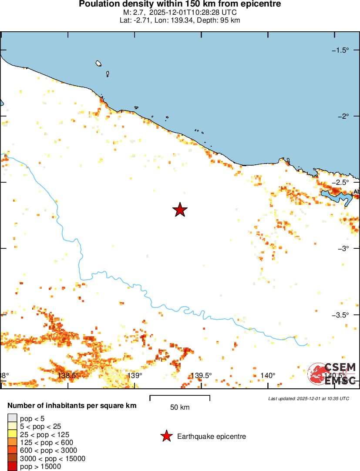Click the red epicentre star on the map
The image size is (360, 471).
click(180, 210)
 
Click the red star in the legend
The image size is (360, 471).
click(166, 436)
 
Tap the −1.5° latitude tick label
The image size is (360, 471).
click(340, 50)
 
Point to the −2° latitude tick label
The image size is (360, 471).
click(343, 116)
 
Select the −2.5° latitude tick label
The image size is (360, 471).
click(340, 182)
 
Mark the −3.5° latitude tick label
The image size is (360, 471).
click(340, 314)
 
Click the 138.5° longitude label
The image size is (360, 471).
click(68, 375)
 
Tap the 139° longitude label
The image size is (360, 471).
click(135, 375)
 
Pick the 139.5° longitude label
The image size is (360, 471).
click(201, 375)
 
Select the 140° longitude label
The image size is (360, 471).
click(267, 375)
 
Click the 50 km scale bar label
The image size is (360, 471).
click(180, 408)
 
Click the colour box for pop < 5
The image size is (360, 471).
click(12, 419)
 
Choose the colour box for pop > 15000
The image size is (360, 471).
click(12, 467)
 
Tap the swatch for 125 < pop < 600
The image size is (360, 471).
click(12, 443)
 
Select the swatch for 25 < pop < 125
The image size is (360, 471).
click(12, 435)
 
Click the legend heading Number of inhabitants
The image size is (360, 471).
click(72, 406)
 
